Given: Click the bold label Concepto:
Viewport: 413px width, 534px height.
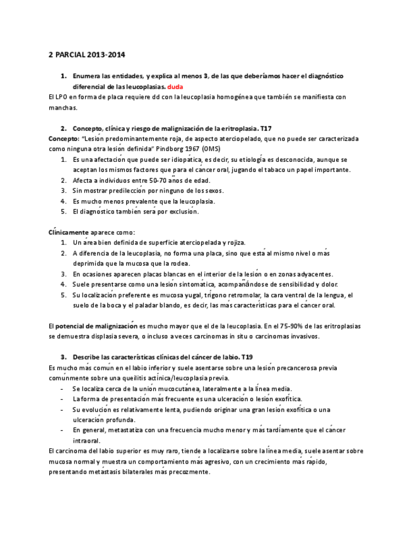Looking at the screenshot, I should click(x=63, y=138).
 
